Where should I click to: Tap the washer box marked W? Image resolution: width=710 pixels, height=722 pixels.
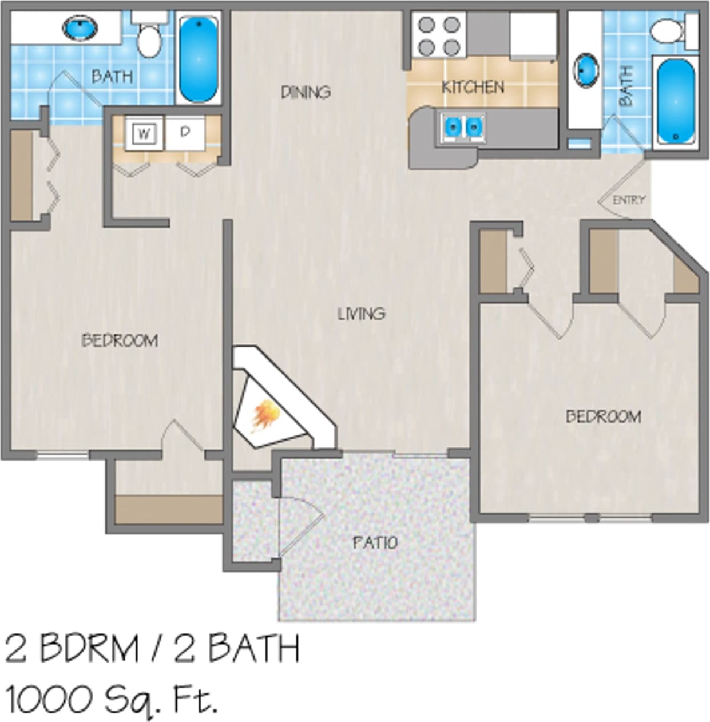tap(144, 134)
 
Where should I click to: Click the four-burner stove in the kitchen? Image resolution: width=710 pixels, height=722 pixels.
tap(439, 36)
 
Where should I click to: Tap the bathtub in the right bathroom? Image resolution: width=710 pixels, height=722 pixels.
tap(676, 102)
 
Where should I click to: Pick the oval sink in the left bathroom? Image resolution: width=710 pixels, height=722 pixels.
tap(80, 27)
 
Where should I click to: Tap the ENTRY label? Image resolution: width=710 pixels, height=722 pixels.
tap(629, 200)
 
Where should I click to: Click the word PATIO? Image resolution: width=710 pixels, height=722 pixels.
tap(375, 542)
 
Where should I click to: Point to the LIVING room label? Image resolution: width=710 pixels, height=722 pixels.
tap(361, 314)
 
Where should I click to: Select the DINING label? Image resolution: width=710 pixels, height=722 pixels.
tap(306, 92)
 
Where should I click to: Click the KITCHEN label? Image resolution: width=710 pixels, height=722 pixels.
tap(473, 87)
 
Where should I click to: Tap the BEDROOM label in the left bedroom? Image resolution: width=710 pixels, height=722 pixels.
tap(120, 340)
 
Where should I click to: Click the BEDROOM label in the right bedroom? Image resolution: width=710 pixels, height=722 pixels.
tap(603, 416)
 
